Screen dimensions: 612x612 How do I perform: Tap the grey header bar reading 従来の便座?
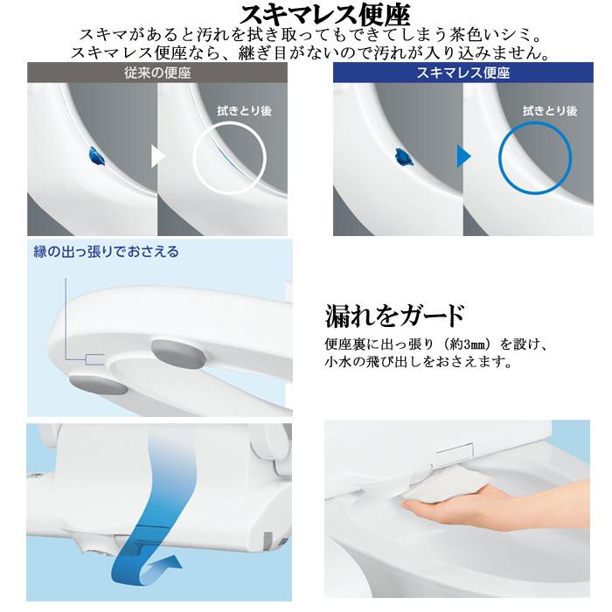pyautogui.click(x=158, y=73)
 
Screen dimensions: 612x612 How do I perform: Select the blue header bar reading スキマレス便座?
pyautogui.click(x=464, y=73)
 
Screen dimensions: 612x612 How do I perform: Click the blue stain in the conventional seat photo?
pyautogui.click(x=93, y=157)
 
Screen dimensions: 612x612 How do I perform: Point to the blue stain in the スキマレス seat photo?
pyautogui.click(x=405, y=157)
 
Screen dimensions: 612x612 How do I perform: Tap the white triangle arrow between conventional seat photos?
pyautogui.click(x=158, y=156)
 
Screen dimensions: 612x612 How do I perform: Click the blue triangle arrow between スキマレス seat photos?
pyautogui.click(x=463, y=156)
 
